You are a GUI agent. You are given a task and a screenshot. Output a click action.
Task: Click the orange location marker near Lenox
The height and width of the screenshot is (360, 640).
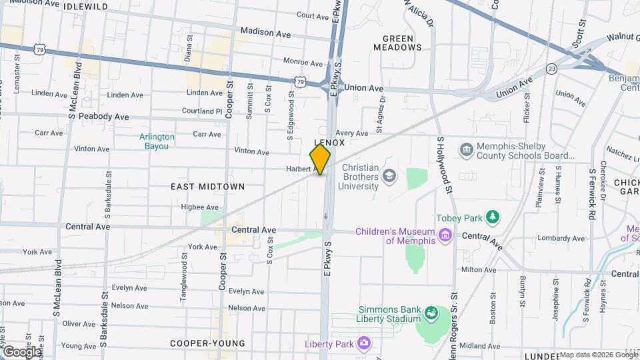pos(321,159)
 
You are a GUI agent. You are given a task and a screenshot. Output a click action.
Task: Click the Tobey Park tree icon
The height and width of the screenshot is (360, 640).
pos(493,217)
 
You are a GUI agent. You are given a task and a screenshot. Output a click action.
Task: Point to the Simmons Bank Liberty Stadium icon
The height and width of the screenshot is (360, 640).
pos(431,312)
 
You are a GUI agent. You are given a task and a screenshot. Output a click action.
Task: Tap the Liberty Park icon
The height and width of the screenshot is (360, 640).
pos(363,343)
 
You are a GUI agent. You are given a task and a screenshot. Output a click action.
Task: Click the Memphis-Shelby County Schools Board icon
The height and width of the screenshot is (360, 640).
pos(466,148)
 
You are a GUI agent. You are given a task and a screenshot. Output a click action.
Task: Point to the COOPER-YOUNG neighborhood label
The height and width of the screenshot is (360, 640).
pos(207,343)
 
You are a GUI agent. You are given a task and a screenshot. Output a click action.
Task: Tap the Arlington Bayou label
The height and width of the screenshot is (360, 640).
pos(157,141)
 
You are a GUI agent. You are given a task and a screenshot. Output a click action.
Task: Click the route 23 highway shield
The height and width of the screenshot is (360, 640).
pos(551,68)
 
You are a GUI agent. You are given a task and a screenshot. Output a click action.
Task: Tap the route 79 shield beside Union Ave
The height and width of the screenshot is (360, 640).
pos(301,82)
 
